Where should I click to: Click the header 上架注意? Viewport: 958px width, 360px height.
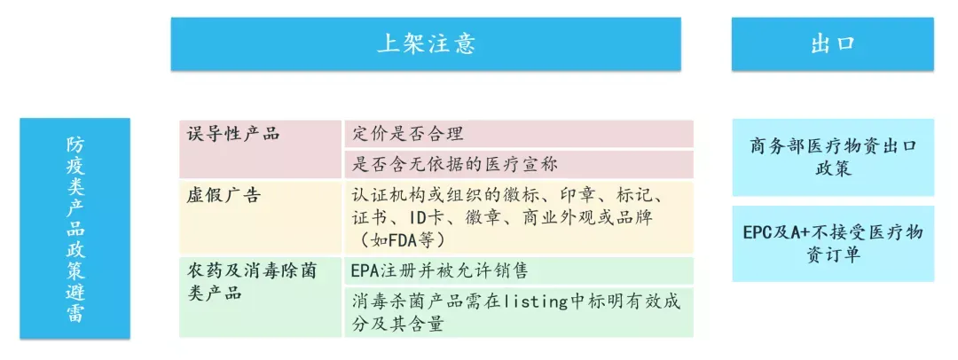426,44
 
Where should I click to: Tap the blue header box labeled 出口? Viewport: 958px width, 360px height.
832,44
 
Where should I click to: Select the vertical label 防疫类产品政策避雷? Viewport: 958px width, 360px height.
75,229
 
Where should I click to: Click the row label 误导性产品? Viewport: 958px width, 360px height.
232,134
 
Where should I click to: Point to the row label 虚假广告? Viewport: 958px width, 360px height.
224,195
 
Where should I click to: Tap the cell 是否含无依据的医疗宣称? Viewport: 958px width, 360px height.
454,164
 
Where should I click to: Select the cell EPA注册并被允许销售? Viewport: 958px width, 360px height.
440,270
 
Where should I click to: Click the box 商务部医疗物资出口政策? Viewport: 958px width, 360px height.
833,157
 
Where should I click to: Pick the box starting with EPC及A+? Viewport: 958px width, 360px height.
833,243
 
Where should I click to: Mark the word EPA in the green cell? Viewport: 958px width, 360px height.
365,270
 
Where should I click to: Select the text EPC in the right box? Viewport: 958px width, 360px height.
758,233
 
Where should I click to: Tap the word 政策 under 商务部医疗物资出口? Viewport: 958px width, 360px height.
833,168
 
